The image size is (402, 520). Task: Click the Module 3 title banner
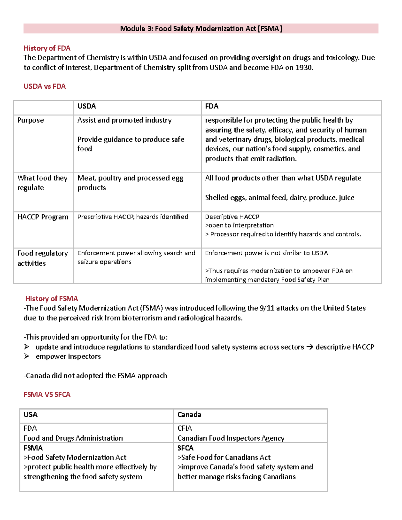[x=201, y=29]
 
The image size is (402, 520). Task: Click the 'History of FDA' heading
[x=47, y=48]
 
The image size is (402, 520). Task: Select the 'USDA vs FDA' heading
[x=45, y=86]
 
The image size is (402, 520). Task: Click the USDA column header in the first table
[x=87, y=106]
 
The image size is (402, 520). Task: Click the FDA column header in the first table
[x=212, y=106]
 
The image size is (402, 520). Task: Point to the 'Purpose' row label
[x=30, y=120]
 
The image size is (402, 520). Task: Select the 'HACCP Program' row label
[x=43, y=217]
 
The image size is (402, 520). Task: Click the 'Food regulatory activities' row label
[x=43, y=258]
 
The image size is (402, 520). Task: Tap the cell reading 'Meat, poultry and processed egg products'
[x=130, y=183]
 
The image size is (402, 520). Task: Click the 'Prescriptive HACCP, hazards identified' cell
[x=133, y=217]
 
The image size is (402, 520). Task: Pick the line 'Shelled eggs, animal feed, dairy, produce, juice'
[x=280, y=198]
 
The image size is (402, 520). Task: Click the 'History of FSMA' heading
[x=52, y=299]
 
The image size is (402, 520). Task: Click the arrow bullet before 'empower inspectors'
[x=27, y=356]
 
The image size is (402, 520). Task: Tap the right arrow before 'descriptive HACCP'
[x=310, y=347]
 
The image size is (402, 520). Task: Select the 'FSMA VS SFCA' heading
[x=47, y=395]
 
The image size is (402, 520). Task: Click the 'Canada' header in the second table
[x=189, y=415]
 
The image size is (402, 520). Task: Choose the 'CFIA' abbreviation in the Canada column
[x=185, y=428]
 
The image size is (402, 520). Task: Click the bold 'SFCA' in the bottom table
[x=185, y=448]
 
